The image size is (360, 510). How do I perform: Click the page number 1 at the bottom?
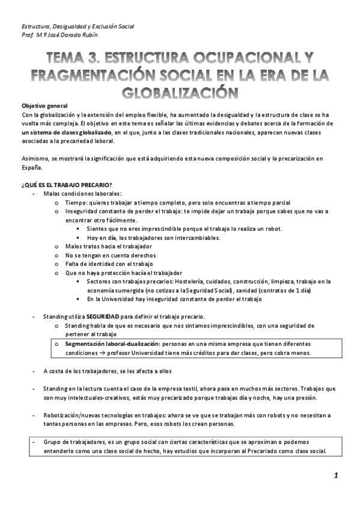pos(337,476)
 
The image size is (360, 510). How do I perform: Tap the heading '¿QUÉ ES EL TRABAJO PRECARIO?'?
pos(66,184)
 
